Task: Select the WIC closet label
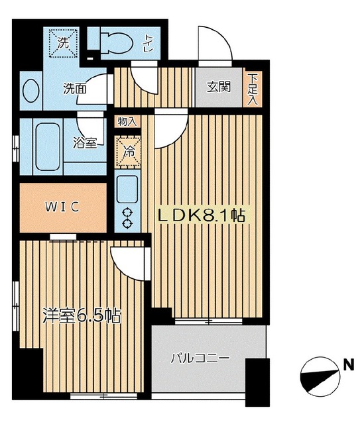62,206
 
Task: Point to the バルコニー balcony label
200,358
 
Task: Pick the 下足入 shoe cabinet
253,89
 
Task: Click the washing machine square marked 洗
64,42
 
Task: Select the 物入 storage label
127,122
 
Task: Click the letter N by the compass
347,364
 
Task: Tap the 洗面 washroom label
74,87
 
